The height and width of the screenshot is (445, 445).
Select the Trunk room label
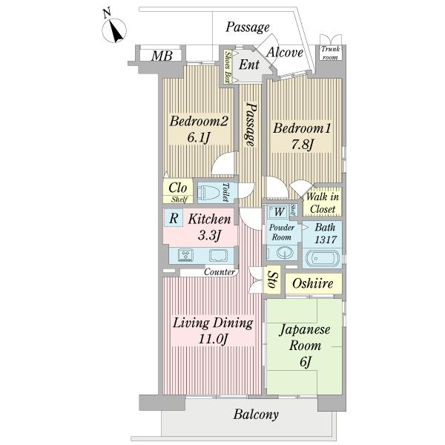pyautogui.click(x=329, y=53)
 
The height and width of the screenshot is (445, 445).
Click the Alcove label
pyautogui.click(x=285, y=52)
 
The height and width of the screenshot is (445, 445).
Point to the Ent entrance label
pyautogui.click(x=249, y=65)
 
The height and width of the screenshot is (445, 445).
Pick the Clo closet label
pyautogui.click(x=177, y=188)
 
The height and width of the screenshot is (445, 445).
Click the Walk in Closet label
pyautogui.click(x=324, y=201)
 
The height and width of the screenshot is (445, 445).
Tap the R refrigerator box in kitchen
pyautogui.click(x=173, y=218)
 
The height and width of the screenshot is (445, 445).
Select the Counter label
pyautogui.click(x=220, y=272)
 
